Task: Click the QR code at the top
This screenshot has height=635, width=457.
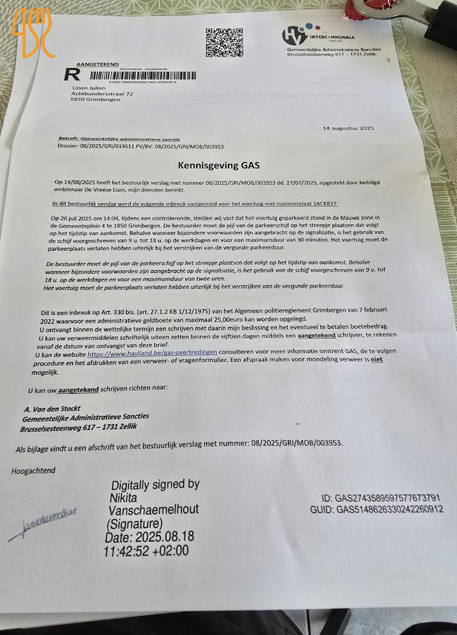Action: [224, 43]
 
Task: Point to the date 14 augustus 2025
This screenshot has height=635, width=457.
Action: [348, 129]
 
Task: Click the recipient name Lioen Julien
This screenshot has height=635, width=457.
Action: [88, 86]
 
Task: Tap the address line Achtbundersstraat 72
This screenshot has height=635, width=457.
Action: [102, 93]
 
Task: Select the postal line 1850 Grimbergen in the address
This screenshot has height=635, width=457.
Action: [95, 100]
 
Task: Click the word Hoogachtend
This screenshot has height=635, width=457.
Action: [33, 471]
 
